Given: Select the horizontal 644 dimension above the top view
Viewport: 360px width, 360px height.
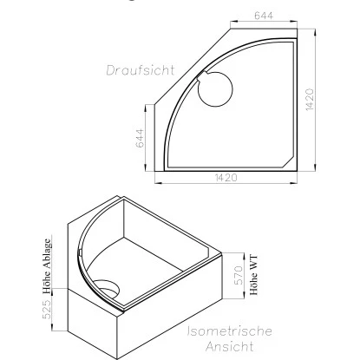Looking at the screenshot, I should (x=265, y=15).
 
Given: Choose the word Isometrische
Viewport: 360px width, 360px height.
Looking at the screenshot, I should (x=231, y=331).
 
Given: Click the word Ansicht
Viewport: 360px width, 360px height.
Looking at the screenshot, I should (x=231, y=347).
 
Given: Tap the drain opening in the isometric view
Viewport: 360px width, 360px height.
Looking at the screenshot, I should (x=108, y=288).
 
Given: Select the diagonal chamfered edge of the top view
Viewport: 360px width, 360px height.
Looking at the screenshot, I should (x=190, y=70).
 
